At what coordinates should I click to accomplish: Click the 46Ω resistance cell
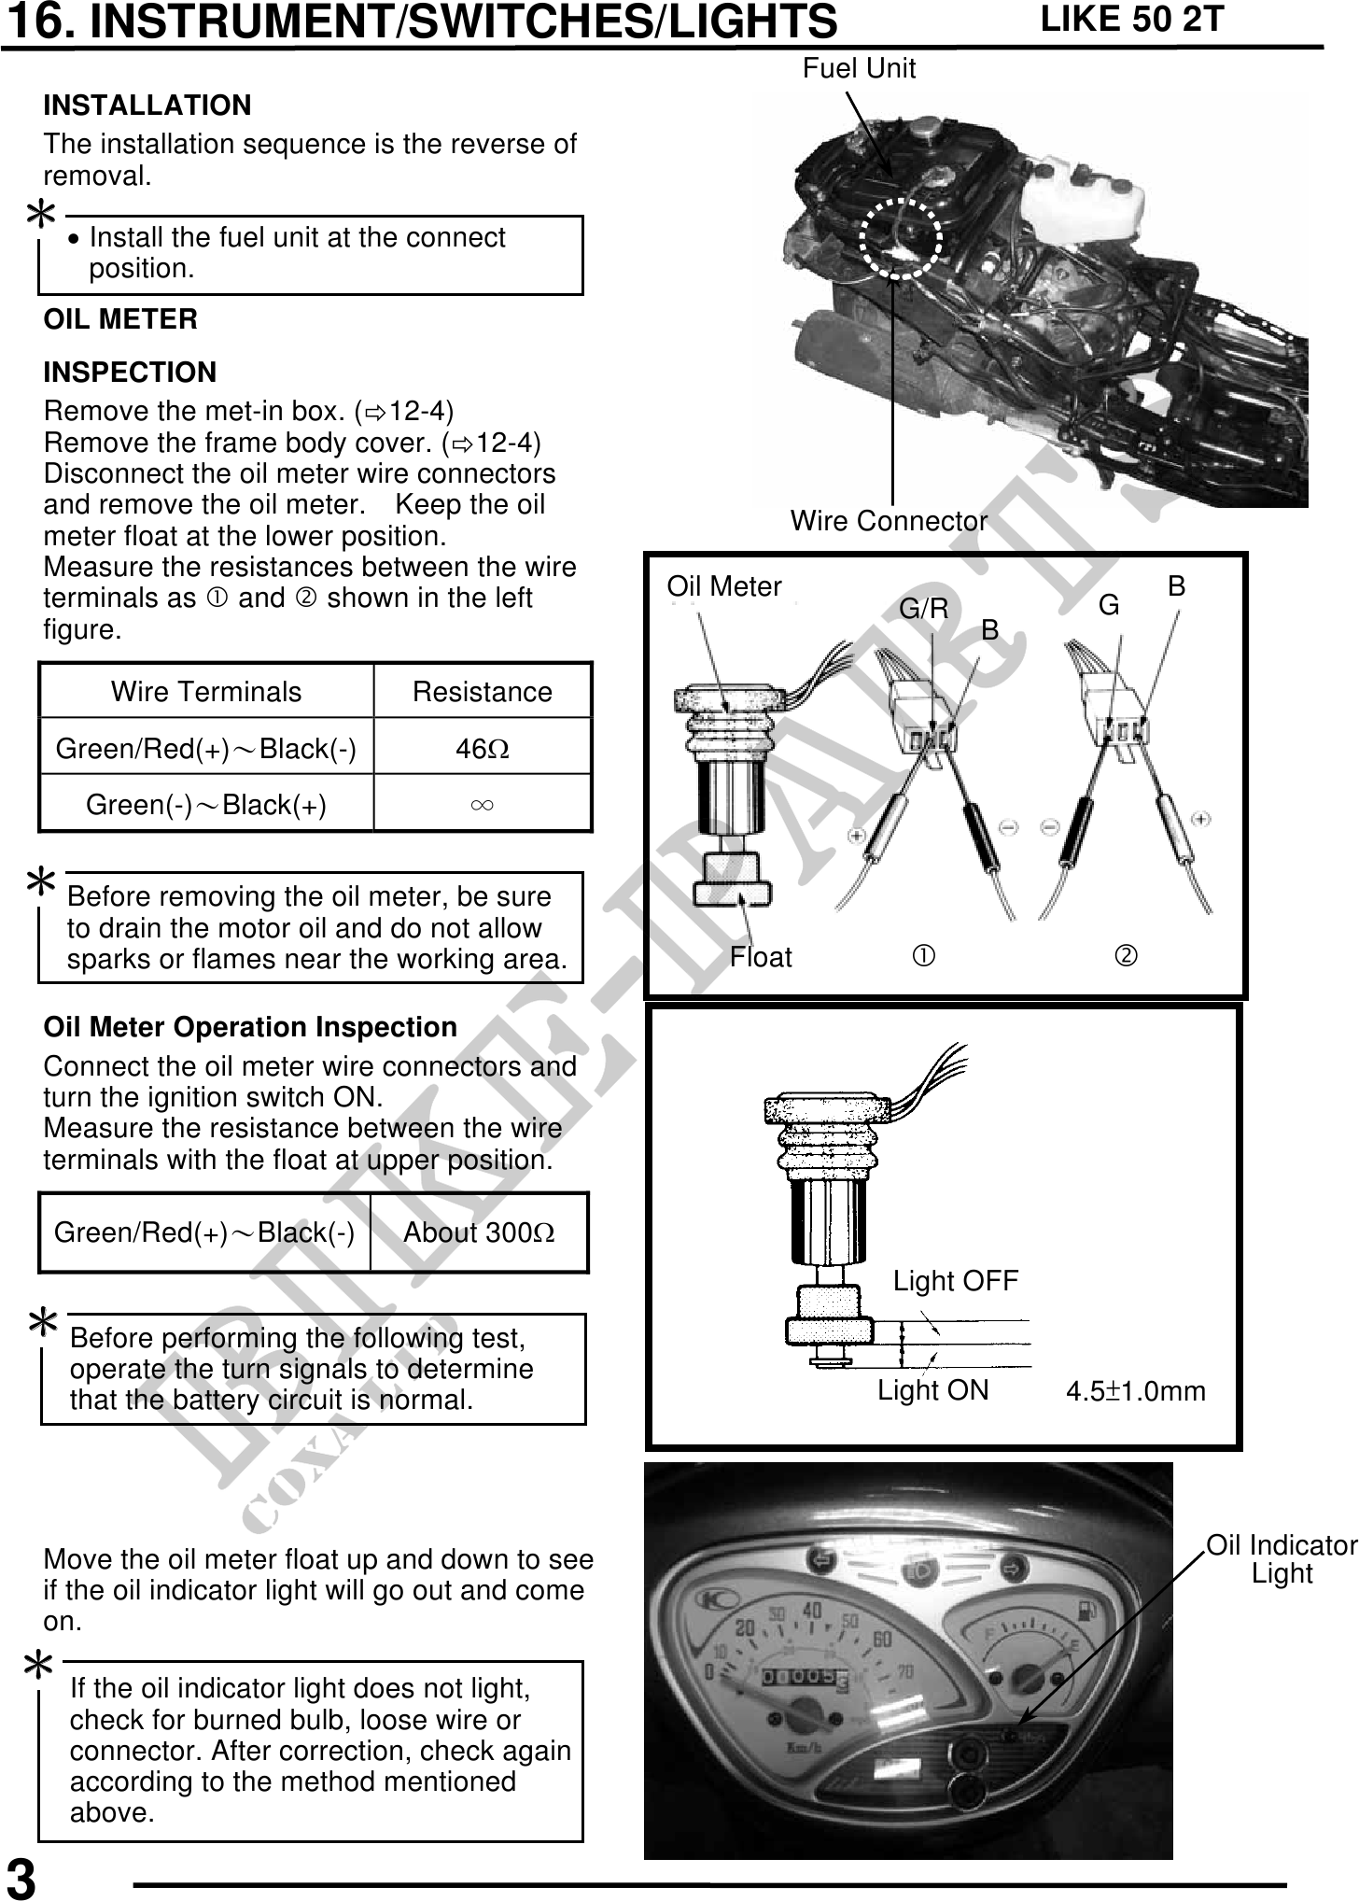tap(483, 748)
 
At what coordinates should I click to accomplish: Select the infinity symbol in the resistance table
tap(483, 804)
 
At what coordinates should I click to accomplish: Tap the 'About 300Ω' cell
tap(479, 1232)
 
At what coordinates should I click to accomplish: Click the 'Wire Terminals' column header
tap(206, 692)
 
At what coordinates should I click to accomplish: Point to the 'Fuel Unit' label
tap(859, 68)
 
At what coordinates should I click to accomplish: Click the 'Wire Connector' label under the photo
tap(888, 521)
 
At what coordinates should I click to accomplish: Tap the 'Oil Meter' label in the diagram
tap(723, 586)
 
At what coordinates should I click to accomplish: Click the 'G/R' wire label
tap(923, 609)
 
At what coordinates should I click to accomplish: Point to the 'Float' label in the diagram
tap(761, 957)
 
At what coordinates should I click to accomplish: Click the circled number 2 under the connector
tap(1127, 956)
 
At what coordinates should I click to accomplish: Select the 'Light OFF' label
tap(955, 1281)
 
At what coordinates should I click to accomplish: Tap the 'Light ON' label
tap(932, 1390)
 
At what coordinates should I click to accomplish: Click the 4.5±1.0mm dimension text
tap(1135, 1391)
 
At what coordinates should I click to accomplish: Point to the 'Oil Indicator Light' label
tap(1282, 1559)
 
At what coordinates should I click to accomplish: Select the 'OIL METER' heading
tap(120, 319)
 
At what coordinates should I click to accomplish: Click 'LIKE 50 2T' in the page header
tap(1131, 20)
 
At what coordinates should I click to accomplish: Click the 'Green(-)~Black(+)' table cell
tap(206, 804)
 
